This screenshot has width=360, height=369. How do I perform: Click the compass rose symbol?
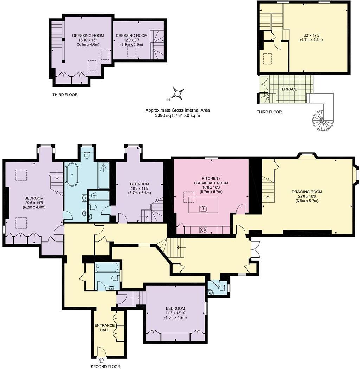pos(178,94)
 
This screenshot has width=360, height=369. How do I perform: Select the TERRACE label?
pos(288,89)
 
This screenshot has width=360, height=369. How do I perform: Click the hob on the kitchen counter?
pos(203,230)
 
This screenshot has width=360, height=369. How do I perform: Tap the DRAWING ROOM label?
pos(307,192)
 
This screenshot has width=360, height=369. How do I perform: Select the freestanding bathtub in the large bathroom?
pos(72,174)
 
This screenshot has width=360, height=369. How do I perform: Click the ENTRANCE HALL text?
pos(104,327)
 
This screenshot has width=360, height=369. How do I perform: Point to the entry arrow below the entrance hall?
pos(102,360)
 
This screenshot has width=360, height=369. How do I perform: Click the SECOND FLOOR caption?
pos(105,367)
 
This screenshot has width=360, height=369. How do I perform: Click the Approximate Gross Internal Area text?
pos(178,110)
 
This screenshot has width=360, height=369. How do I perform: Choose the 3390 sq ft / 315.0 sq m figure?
pos(178,115)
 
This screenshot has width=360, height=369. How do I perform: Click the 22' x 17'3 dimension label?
pos(311,35)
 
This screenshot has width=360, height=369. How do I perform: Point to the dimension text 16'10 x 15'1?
pos(83,40)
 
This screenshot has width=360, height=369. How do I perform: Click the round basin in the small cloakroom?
pos(211,291)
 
